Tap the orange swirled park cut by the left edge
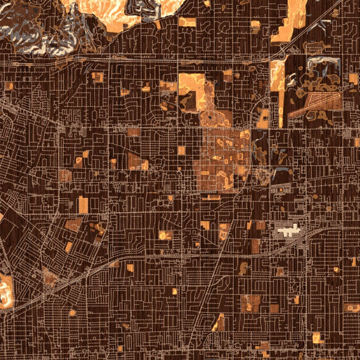pos(5,292)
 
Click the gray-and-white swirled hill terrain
pos(36,27)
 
